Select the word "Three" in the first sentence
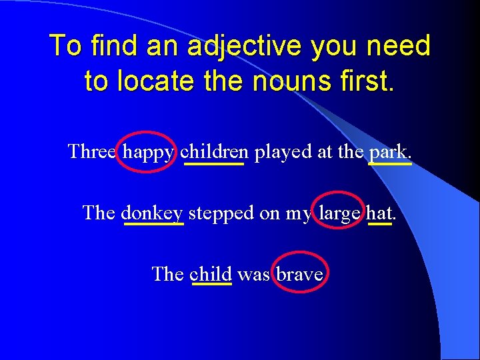pyautogui.click(x=93, y=151)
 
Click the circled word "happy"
pyautogui.click(x=149, y=152)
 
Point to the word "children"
pyautogui.click(x=214, y=151)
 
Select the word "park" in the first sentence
pyautogui.click(x=389, y=152)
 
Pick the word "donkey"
pyautogui.click(x=153, y=213)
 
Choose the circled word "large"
pyautogui.click(x=339, y=213)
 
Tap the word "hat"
pyautogui.click(x=380, y=213)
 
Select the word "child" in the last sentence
pyautogui.click(x=211, y=273)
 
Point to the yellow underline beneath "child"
pyautogui.click(x=211, y=285)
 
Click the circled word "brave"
pyautogui.click(x=299, y=273)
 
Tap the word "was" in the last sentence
pyautogui.click(x=253, y=274)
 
